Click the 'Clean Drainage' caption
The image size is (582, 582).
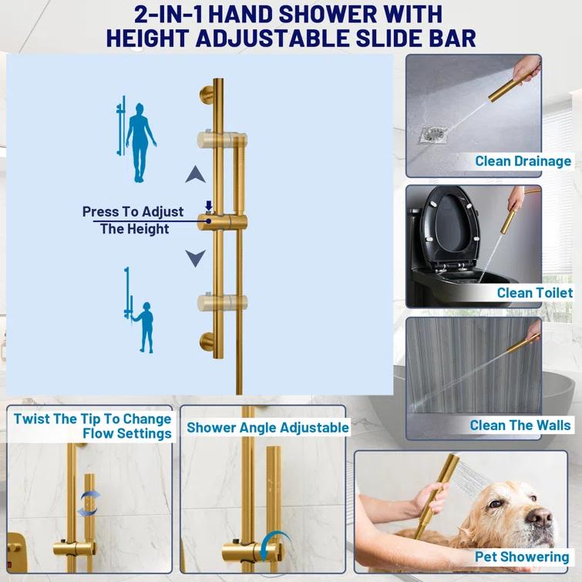coord(523,161)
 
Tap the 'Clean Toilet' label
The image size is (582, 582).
coord(535,292)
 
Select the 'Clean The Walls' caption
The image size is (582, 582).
coord(520,425)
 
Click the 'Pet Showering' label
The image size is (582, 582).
coord(522,557)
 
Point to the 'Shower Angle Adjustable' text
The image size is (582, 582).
coord(267,426)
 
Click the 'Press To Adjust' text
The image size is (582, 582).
coord(133,211)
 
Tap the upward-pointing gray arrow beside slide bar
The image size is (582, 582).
coord(195,174)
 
